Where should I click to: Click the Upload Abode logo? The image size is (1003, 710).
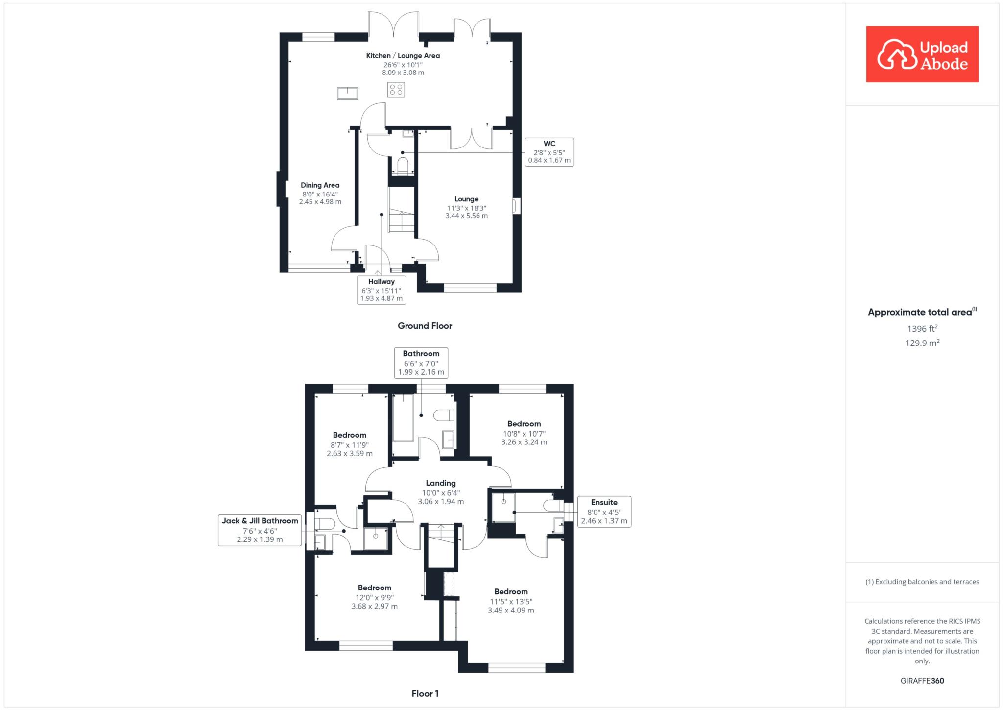(922, 54)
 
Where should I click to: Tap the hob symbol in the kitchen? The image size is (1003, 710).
(396, 90)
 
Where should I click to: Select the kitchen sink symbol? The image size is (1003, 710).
(347, 93)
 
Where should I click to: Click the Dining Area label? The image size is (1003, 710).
(320, 185)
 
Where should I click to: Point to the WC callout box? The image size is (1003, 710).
(549, 152)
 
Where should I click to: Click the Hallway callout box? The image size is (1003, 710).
(382, 290)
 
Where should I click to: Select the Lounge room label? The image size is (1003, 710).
(466, 199)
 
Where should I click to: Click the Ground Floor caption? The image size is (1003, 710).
(425, 326)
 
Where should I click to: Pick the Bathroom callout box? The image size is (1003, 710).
(421, 363)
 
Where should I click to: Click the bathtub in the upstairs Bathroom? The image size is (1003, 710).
(404, 417)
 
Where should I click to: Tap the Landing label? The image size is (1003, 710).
(441, 483)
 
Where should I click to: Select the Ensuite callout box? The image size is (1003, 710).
(604, 512)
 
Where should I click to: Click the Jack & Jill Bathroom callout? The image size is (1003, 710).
(260, 530)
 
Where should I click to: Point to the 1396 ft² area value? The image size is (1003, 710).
(922, 328)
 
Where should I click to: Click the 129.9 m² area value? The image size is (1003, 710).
(922, 343)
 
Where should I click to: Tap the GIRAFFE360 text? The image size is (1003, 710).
(922, 681)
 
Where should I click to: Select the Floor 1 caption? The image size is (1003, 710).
(425, 693)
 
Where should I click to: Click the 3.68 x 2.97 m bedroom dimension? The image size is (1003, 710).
(375, 606)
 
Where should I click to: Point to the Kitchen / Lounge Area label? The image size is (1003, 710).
(403, 56)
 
